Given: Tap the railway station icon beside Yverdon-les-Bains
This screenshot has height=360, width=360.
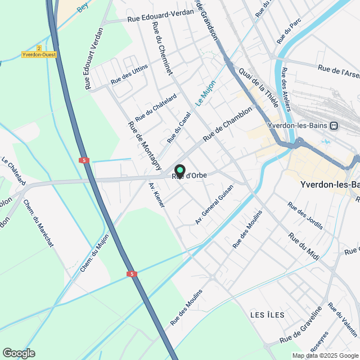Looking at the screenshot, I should (334, 125).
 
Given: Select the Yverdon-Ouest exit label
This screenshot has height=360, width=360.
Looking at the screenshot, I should (39, 55).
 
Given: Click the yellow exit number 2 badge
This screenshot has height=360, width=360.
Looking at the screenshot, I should (39, 48).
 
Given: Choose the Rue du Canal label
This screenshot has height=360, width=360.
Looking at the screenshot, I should (179, 127).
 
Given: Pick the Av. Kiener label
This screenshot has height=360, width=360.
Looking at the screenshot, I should (157, 195).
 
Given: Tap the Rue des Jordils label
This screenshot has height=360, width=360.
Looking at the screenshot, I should (305, 216).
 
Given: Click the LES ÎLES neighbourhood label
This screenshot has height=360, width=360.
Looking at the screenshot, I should (268, 314).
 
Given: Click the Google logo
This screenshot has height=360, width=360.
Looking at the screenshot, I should (19, 353).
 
